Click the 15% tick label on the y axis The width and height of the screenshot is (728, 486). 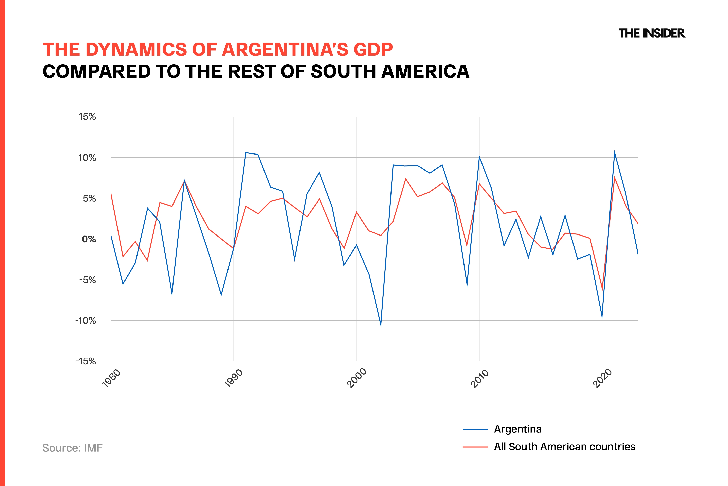(87, 117)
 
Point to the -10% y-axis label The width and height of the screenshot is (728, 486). (86, 321)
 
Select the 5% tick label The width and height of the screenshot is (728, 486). (89, 198)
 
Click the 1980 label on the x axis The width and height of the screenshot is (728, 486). (111, 378)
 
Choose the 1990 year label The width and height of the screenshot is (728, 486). (234, 378)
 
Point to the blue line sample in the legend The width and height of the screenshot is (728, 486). (475, 430)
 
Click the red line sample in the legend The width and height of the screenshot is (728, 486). (475, 447)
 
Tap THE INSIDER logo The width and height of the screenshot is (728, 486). (652, 33)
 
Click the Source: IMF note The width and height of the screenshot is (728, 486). (72, 448)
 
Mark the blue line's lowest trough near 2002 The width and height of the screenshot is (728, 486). (381, 326)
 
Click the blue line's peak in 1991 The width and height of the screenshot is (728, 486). (246, 152)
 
